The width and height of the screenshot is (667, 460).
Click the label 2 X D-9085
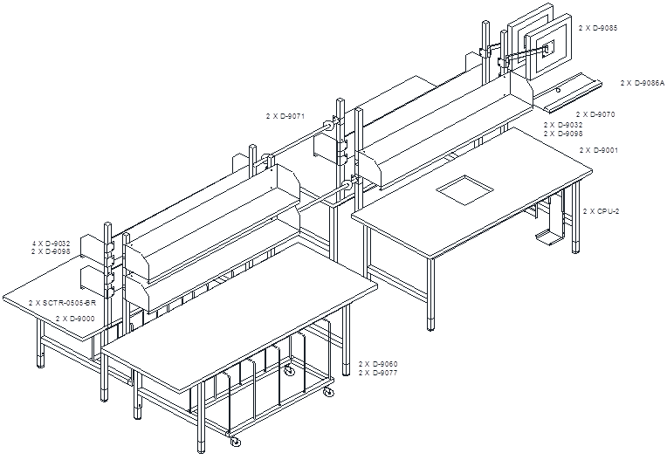597,28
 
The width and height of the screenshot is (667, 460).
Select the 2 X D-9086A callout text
642,83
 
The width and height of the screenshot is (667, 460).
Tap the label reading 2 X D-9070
595,114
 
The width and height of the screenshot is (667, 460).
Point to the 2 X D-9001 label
599,150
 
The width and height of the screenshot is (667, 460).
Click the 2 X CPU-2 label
601,211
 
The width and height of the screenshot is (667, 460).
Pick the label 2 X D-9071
285,115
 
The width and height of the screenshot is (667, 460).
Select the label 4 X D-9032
50,244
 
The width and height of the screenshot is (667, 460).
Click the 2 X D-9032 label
562,126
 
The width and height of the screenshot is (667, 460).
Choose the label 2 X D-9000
75,319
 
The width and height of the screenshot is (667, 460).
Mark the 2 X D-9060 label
378,363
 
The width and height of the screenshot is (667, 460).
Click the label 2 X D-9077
378,373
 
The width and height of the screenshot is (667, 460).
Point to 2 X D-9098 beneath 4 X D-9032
50,251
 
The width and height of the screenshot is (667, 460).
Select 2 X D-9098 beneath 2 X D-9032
562,134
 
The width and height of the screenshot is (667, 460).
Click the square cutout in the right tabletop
465,189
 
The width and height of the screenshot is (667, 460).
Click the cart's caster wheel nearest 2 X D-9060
328,394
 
